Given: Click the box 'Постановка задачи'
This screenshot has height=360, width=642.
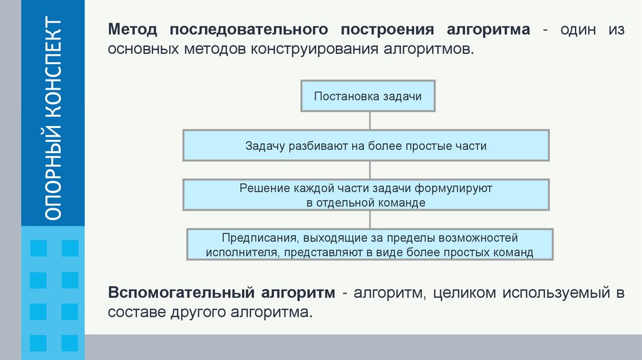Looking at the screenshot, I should click(x=367, y=97).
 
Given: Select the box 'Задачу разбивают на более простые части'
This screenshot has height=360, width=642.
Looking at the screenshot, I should click(x=366, y=146).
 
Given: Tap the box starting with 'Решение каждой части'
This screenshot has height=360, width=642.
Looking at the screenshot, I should click(x=366, y=195).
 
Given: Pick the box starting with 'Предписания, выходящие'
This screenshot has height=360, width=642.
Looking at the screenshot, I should click(x=370, y=245).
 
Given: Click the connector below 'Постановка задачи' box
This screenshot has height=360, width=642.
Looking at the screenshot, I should click(x=370, y=121).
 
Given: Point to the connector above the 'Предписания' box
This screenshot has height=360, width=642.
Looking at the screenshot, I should click(x=370, y=220).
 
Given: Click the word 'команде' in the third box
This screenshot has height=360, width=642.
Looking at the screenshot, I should click(x=404, y=203).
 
